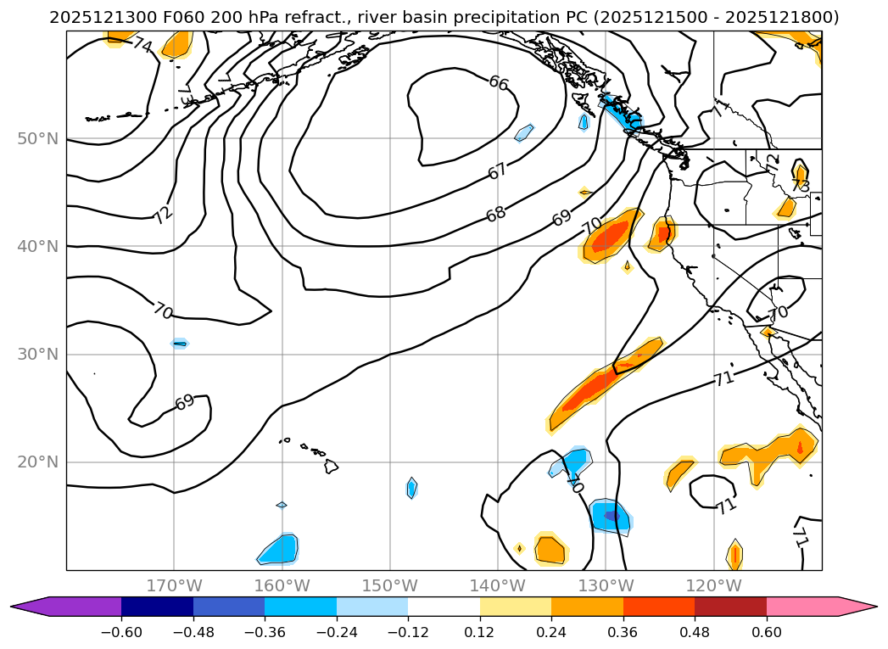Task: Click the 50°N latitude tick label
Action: (37, 138)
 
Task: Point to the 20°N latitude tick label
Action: (37, 462)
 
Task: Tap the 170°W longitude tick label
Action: (174, 585)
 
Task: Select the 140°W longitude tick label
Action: (498, 585)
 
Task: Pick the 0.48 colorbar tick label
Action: (695, 631)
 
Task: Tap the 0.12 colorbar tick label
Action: (480, 631)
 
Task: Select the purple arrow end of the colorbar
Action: (29, 606)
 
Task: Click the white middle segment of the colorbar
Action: (444, 606)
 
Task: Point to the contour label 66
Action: (498, 83)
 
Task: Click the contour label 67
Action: (498, 171)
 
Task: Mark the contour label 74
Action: (142, 46)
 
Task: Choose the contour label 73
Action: (800, 185)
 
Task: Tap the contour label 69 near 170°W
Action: (184, 402)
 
